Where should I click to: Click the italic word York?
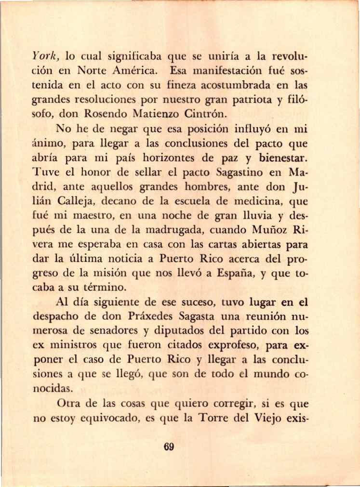pos(44,55)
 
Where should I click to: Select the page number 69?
pos(168,447)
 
